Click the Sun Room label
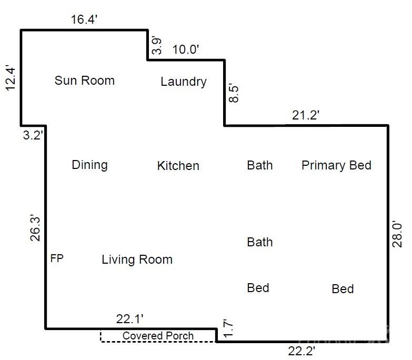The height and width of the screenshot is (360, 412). pyautogui.click(x=85, y=81)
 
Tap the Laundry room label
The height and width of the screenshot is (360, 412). pyautogui.click(x=183, y=82)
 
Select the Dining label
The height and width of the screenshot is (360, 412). pyautogui.click(x=89, y=165)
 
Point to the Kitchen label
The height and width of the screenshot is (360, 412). pyautogui.click(x=178, y=166)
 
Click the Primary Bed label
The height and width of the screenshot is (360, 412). pyautogui.click(x=336, y=165)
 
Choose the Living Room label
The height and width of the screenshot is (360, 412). pyautogui.click(x=137, y=259)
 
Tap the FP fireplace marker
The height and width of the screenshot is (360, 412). pyautogui.click(x=57, y=258)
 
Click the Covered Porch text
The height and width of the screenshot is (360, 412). pyautogui.click(x=158, y=336)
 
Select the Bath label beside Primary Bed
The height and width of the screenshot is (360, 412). pyautogui.click(x=260, y=165)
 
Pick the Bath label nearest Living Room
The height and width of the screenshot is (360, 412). pyautogui.click(x=260, y=242)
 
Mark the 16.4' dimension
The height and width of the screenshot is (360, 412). pyautogui.click(x=85, y=20)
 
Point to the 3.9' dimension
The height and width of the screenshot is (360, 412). pyautogui.click(x=157, y=45)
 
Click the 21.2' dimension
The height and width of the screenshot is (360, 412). pyautogui.click(x=306, y=115)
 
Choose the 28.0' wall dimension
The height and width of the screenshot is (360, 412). pyautogui.click(x=398, y=234)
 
